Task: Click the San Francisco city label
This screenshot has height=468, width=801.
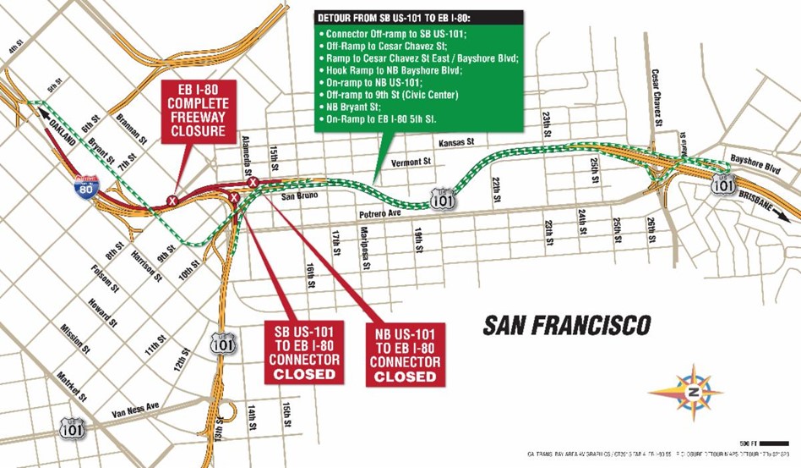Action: (x=567, y=325)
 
